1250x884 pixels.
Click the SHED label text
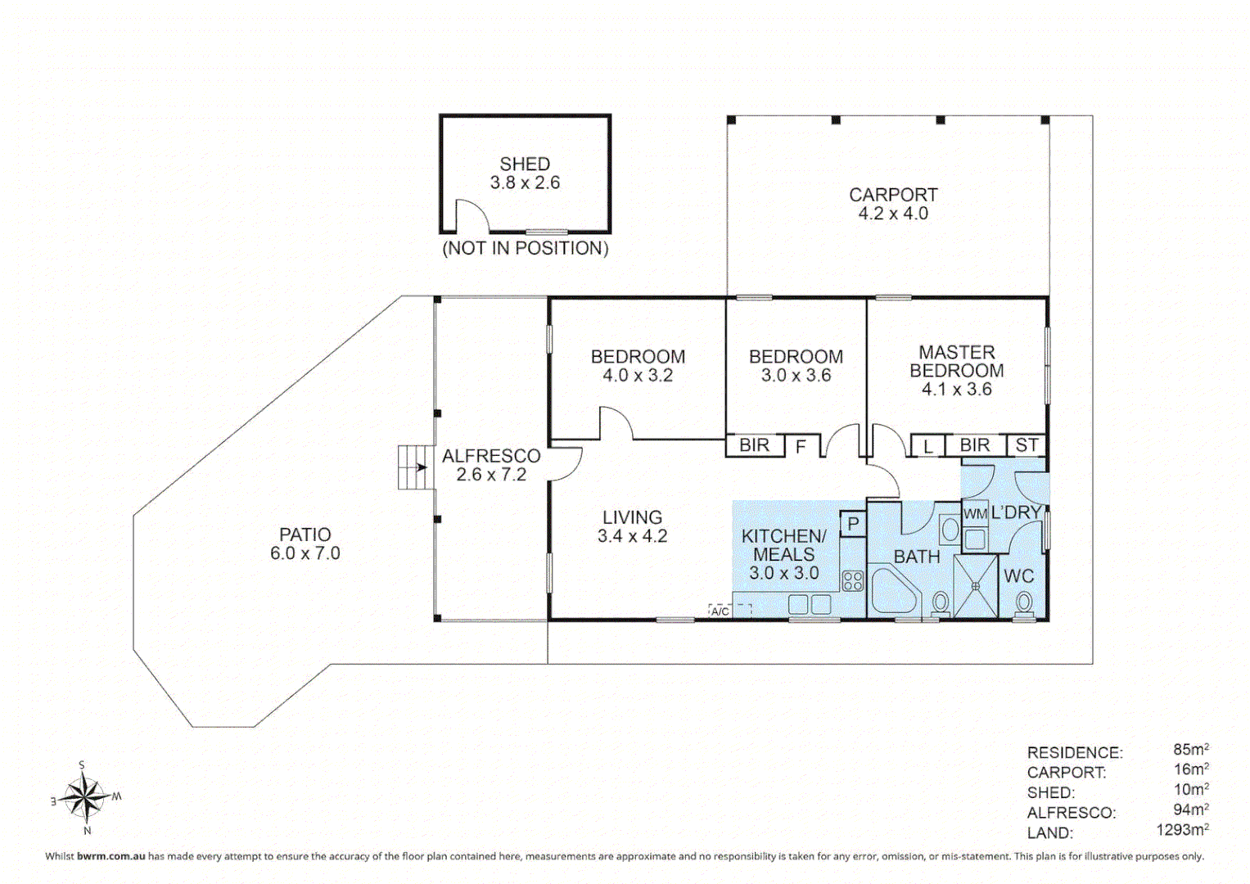coord(525,165)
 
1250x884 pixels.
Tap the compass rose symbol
coord(86,796)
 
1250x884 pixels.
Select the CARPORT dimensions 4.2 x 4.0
coord(892,214)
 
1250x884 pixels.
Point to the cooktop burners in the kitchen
coord(853,581)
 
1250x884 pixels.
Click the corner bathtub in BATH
coord(894,591)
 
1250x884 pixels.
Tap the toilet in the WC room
coord(1023,603)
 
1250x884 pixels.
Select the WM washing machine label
coord(974,514)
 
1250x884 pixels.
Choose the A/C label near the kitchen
coord(720,611)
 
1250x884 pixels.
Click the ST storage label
coord(1027,445)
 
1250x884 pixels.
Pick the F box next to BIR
coord(801,447)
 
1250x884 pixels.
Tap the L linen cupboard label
coord(927,447)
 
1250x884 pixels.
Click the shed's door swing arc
coord(474,215)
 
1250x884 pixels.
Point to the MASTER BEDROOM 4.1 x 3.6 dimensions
coord(956,390)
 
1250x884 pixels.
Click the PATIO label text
coord(305,534)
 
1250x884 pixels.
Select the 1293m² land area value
coord(1182,830)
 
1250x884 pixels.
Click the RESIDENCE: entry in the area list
coord(1074,752)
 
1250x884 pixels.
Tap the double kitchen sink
coord(810,605)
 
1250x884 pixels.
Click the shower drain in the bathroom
coord(975,586)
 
